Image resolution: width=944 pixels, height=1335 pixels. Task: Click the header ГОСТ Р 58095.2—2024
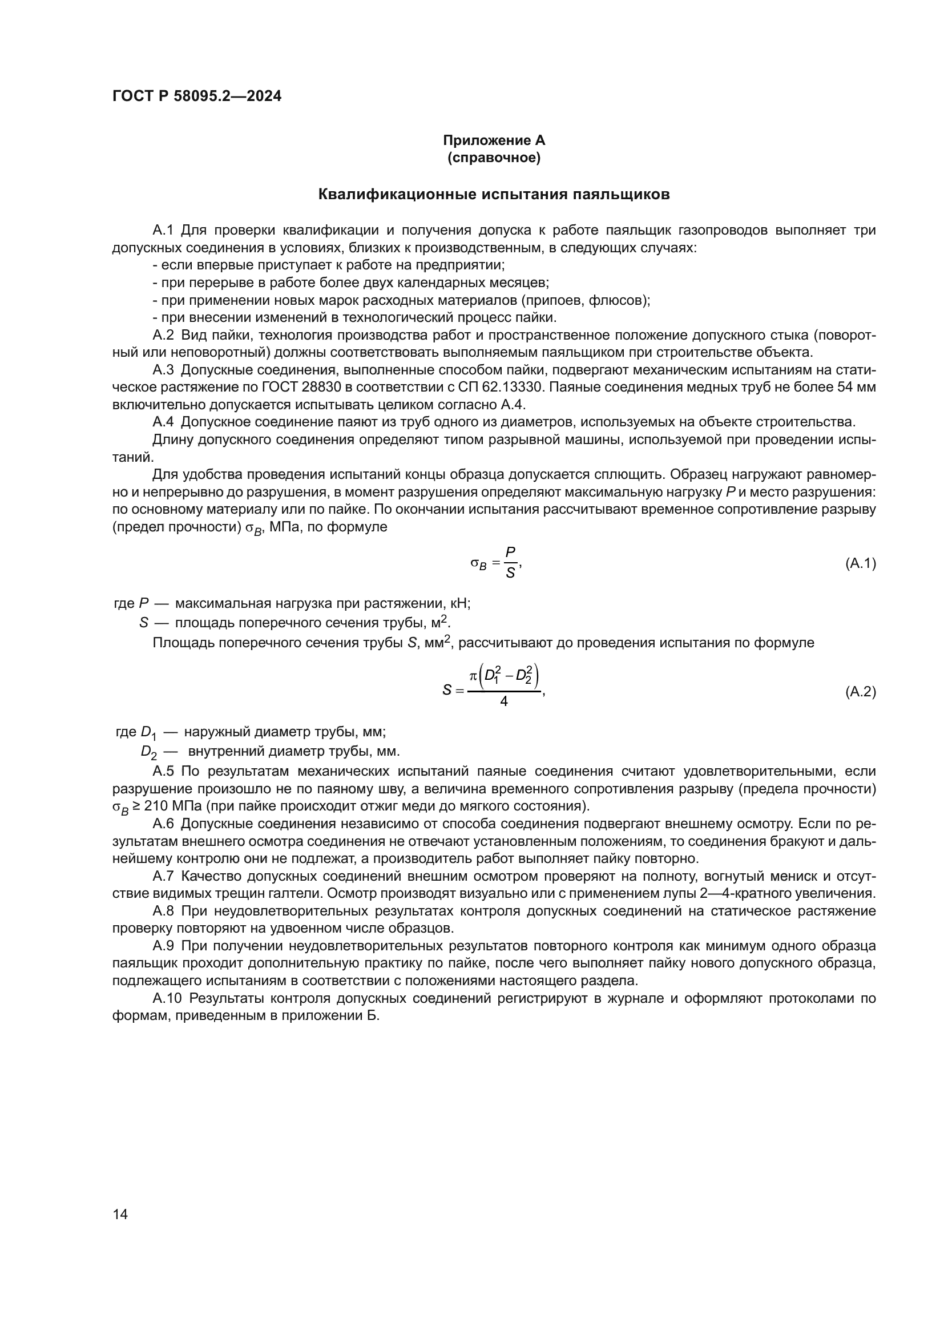click(x=196, y=96)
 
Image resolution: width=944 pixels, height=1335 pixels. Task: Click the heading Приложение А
click(x=494, y=140)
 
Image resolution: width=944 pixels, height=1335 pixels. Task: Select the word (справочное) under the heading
click(x=494, y=158)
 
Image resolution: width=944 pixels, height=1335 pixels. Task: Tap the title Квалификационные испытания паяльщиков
click(x=494, y=195)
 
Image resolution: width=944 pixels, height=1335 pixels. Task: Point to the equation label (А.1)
click(x=860, y=563)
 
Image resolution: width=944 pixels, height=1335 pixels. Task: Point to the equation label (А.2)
click(x=860, y=692)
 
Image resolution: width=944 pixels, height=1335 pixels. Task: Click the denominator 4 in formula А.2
click(x=503, y=703)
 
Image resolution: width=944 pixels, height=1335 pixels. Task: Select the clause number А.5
click(x=163, y=772)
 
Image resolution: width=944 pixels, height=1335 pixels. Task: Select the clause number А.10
click(x=167, y=998)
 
